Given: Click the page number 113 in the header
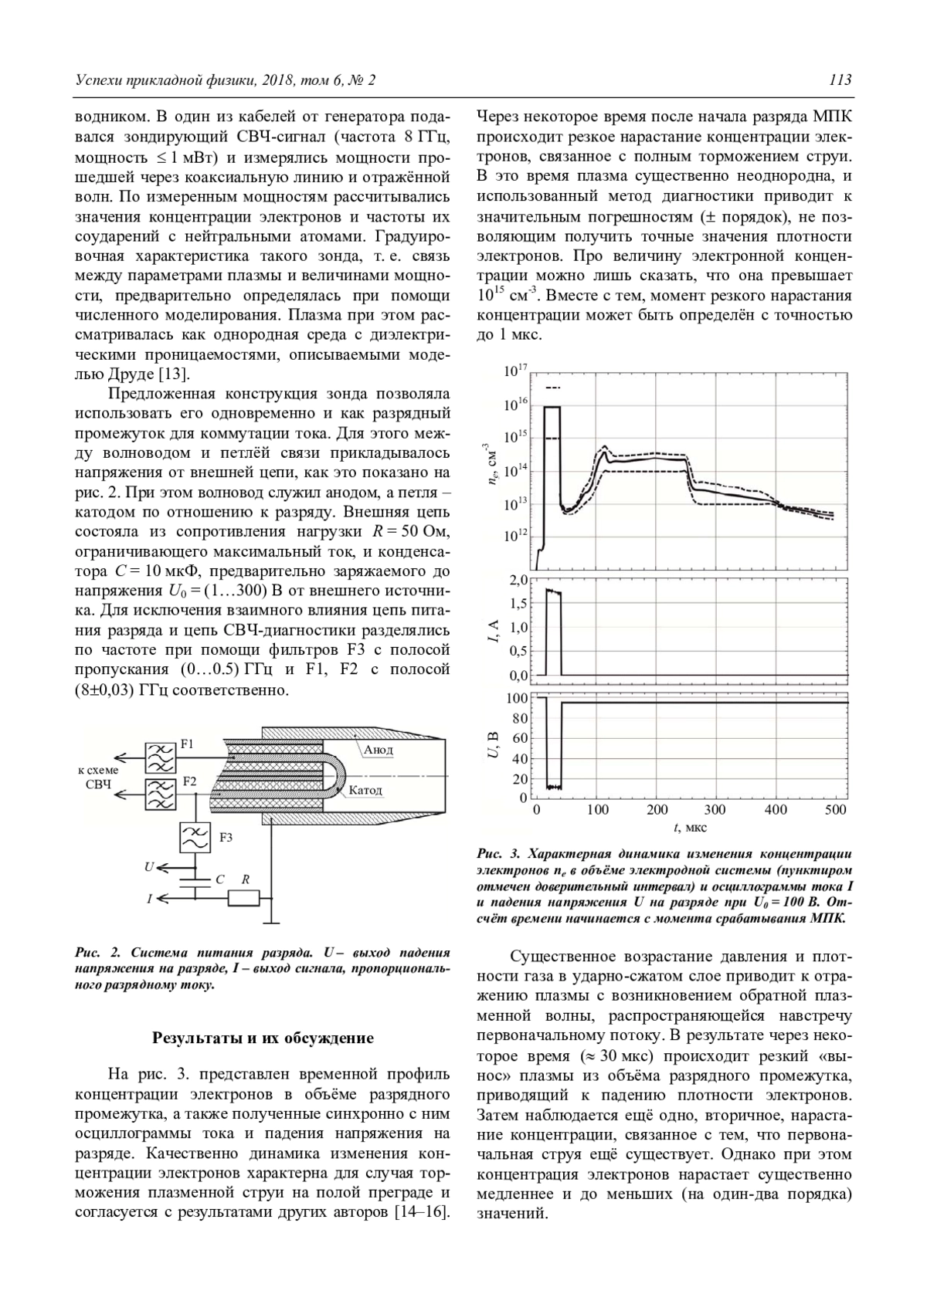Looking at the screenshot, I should pos(840,80).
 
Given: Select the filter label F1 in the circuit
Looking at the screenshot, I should pos(188,745).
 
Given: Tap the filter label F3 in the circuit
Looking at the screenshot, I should pos(226,837).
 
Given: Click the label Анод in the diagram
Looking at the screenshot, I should pos(378,750).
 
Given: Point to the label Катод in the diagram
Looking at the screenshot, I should pos(365,790).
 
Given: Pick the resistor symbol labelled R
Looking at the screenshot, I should pos(244,898).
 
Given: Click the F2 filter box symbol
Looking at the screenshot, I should pos(161,794).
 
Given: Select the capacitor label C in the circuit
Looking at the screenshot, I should pos(220,879).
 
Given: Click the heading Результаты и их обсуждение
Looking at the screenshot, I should pos(263,1038).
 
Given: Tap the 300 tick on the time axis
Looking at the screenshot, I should pos(715,810).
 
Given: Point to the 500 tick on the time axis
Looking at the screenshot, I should pos(836,810).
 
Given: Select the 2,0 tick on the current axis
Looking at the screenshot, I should pos(518,580).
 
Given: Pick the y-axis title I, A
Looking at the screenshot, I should pos(492,632).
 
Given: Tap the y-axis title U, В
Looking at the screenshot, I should pos(492,745).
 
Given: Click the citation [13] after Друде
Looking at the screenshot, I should pos(174,375).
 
